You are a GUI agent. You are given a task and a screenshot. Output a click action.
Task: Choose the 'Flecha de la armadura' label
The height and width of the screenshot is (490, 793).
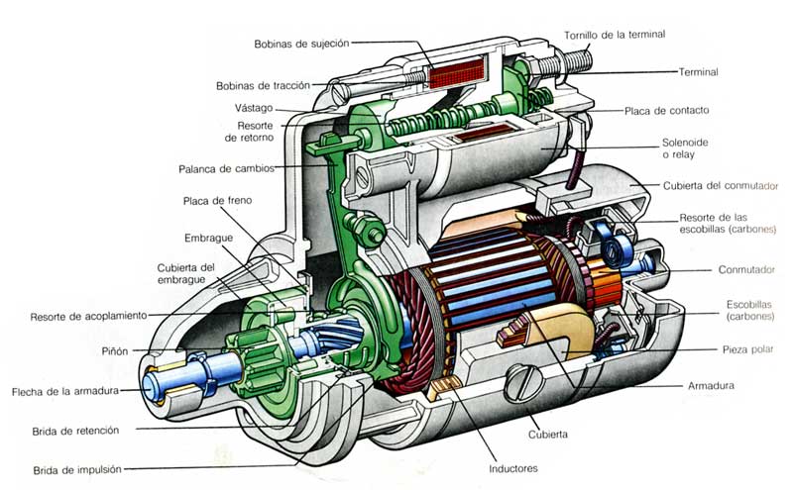[65, 391]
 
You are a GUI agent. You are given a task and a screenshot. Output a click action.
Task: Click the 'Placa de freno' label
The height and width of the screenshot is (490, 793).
[217, 200]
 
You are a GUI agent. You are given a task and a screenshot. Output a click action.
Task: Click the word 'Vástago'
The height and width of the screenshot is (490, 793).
[256, 107]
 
